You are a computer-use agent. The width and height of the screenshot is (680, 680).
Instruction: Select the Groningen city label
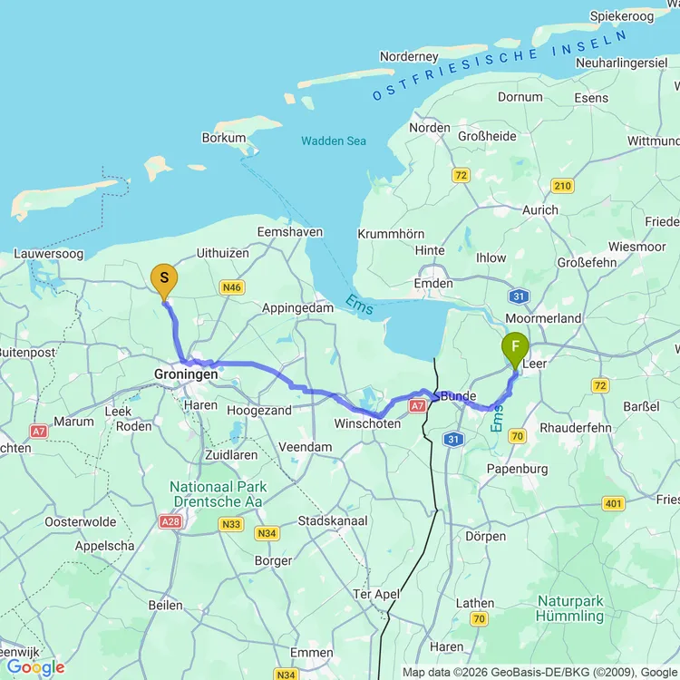click(186, 374)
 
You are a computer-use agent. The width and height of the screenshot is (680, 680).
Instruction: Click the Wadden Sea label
click(334, 141)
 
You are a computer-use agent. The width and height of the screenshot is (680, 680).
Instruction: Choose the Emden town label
click(432, 284)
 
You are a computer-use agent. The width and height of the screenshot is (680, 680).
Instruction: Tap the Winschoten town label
click(366, 423)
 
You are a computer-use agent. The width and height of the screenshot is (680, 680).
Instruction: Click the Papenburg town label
click(517, 469)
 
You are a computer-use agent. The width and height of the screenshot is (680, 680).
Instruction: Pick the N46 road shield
click(232, 287)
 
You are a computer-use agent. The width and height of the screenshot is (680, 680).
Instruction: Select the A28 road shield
click(170, 521)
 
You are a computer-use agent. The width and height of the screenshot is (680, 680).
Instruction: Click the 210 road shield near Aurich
click(562, 187)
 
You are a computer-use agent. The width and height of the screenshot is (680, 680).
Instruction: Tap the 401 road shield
click(613, 504)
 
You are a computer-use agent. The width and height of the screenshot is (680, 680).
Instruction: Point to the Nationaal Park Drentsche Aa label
click(218, 494)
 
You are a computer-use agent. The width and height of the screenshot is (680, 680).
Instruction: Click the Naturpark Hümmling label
click(570, 608)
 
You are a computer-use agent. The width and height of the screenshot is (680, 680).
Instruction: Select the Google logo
click(35, 668)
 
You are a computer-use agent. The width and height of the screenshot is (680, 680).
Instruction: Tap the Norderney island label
click(410, 56)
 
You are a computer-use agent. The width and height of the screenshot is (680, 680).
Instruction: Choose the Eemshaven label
click(290, 231)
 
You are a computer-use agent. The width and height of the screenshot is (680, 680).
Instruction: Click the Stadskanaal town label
click(333, 521)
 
